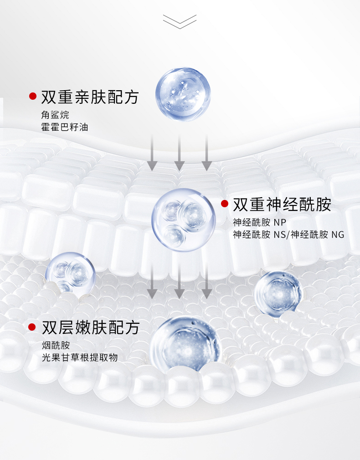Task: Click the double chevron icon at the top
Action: click(180, 21)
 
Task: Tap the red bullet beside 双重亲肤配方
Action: click(32, 96)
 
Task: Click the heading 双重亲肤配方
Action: click(89, 97)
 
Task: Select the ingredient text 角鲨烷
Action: click(55, 114)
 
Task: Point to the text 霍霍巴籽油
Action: click(64, 127)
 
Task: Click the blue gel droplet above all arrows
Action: click(183, 94)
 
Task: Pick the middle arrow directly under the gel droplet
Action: click(180, 153)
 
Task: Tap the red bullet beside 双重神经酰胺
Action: click(224, 204)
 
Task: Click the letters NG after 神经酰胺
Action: click(338, 235)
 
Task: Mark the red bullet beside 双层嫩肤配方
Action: click(32, 327)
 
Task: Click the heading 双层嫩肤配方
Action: click(90, 327)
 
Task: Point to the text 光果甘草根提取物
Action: click(79, 358)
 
